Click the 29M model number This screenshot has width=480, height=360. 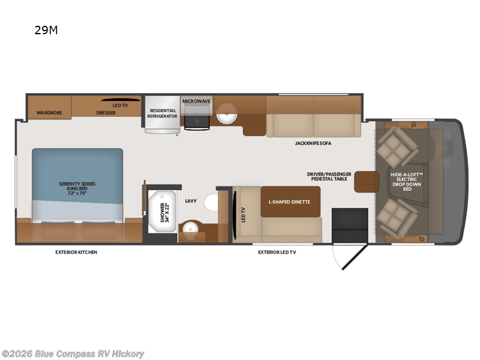46,30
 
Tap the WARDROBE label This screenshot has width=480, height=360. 49,113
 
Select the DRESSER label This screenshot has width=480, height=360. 106,113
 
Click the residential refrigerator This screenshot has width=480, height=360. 162,115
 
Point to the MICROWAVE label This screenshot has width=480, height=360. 196,101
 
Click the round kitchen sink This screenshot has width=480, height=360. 227,113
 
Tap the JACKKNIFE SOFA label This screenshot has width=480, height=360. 313,143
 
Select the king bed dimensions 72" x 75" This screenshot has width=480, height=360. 77,193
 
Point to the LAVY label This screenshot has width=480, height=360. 191,201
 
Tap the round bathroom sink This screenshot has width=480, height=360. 190,229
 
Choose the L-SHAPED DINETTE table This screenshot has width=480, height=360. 290,202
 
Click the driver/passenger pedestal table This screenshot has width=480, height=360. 367,182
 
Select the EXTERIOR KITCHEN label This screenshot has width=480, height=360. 76,252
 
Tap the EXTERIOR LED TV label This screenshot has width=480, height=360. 277,252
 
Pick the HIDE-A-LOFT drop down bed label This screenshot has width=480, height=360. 407,182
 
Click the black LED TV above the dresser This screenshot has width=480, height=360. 121,100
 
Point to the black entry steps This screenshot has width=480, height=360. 350,226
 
